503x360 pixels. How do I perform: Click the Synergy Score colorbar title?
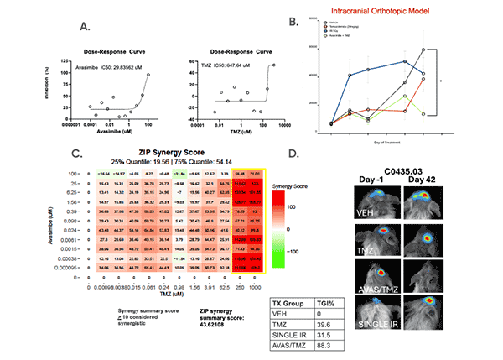click(293, 185)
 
